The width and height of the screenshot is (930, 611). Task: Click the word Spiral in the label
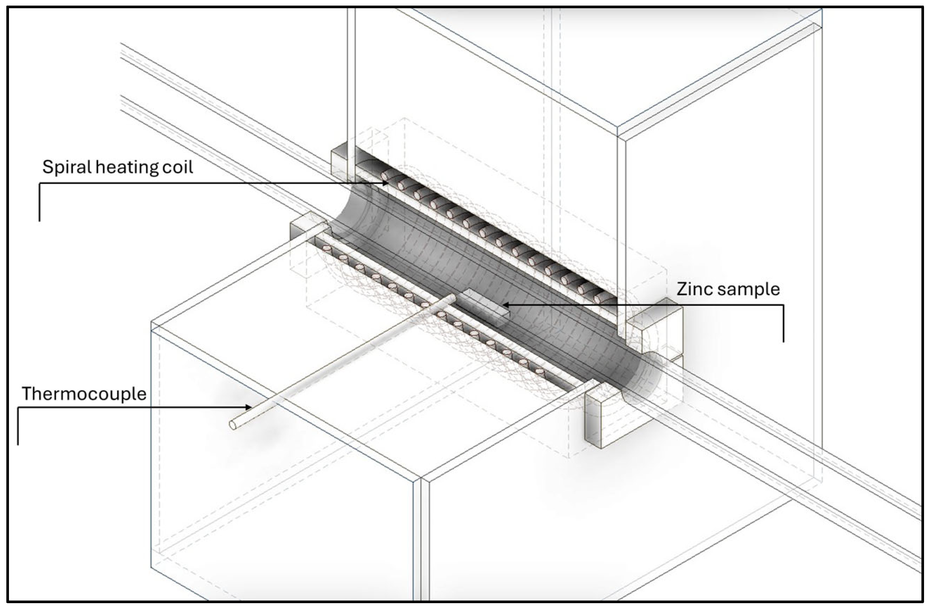67,167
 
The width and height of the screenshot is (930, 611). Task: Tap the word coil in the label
178,167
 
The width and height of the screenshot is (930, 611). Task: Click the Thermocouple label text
84,394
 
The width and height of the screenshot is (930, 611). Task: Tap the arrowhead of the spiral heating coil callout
385,183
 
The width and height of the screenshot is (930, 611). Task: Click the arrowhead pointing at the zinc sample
505,305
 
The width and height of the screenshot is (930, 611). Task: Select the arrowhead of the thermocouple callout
248,407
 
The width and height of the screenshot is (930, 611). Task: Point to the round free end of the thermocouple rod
232,425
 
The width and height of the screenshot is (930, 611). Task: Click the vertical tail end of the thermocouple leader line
18,443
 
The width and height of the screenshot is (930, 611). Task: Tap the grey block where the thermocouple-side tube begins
307,227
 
